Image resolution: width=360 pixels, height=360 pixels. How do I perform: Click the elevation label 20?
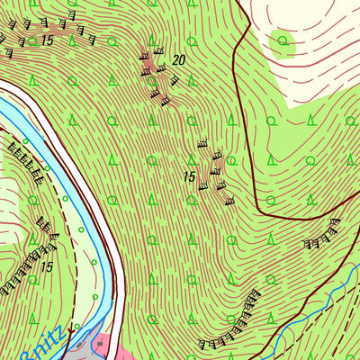(178, 60)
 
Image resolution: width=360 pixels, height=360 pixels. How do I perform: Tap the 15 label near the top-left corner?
(47, 41)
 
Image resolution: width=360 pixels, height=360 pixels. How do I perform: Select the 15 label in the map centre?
(189, 177)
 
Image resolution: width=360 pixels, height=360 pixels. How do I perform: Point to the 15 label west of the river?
(47, 267)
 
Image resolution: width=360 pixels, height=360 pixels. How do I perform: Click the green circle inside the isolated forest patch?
(283, 40)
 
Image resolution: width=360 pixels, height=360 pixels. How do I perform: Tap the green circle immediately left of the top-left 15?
(31, 40)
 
